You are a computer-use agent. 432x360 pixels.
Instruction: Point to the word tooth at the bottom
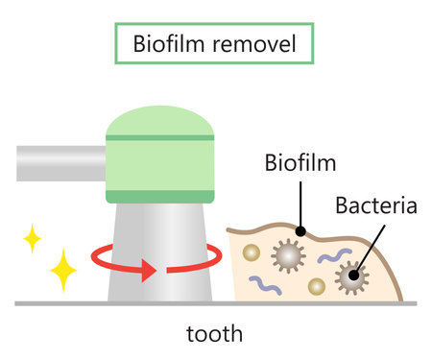point(215,335)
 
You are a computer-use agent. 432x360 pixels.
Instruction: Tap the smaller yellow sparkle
point(32,238)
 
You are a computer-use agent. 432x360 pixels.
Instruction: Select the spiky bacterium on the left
point(287,254)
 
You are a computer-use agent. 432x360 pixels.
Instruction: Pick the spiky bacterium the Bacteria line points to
point(351,276)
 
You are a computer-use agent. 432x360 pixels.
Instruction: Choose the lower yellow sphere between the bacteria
point(314,286)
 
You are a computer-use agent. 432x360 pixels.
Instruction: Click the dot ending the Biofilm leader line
point(300,231)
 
